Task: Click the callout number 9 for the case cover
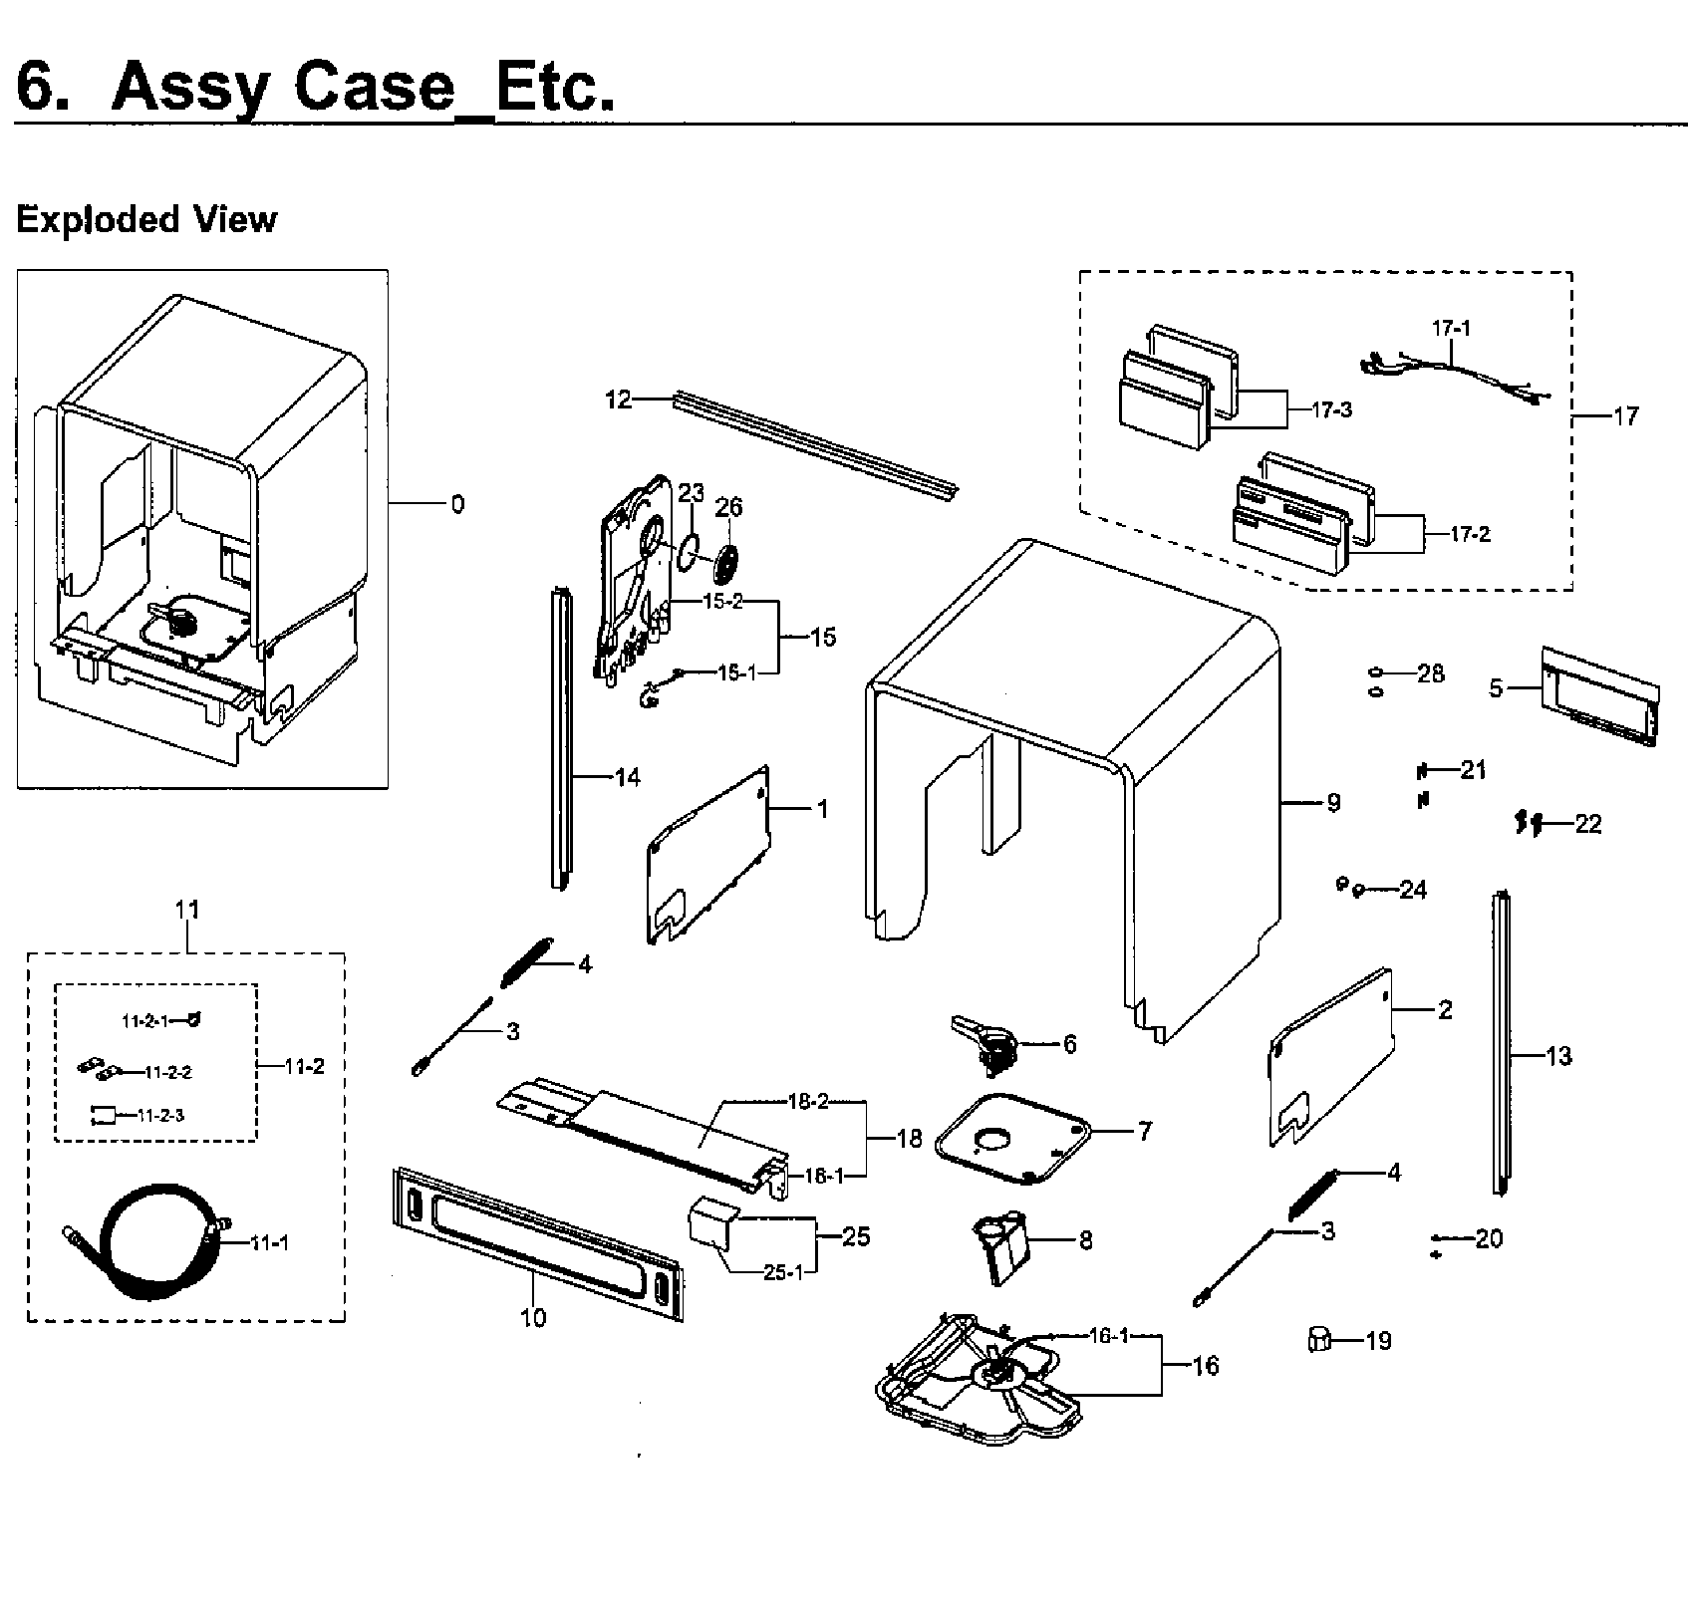[x=1333, y=802]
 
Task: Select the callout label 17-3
[x=1330, y=409]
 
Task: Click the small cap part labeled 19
[x=1318, y=1340]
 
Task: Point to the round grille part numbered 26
[x=727, y=567]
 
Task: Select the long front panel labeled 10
[x=538, y=1244]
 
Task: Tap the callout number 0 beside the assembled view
[x=457, y=504]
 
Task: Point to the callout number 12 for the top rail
[x=618, y=400]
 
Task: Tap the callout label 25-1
[x=782, y=1272]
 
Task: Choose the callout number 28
[x=1430, y=674]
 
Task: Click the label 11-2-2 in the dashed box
[x=167, y=1073]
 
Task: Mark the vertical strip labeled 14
[x=561, y=737]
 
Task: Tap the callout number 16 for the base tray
[x=1205, y=1365]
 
